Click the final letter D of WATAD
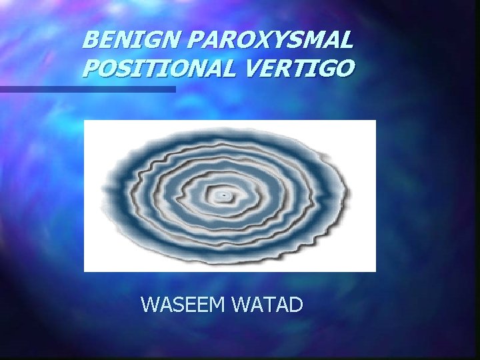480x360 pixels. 296,305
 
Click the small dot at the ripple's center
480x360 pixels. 225,195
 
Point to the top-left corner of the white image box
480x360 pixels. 85,121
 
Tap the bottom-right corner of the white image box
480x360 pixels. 375,271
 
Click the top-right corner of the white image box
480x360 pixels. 375,121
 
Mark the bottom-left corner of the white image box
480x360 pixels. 85,271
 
